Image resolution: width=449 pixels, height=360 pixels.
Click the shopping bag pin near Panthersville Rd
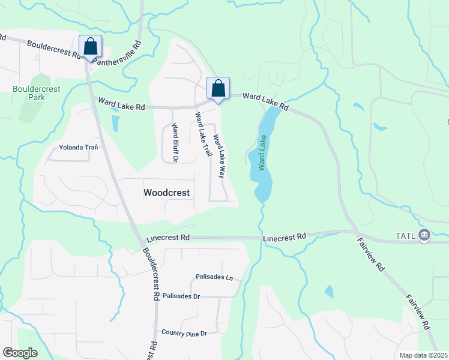[x=90, y=47]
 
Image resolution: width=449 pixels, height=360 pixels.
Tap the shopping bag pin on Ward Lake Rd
[x=218, y=88]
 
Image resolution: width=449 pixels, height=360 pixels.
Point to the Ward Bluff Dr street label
[x=175, y=143]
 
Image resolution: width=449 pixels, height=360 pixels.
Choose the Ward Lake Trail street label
[x=203, y=134]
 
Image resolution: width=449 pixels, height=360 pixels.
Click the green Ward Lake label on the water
[x=262, y=153]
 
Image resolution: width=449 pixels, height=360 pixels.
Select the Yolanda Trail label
[x=78, y=147]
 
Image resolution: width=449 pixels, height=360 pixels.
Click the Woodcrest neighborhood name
[x=167, y=193]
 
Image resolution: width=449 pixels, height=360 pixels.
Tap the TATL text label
[x=405, y=235]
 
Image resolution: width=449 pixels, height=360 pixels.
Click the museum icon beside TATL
[x=425, y=234]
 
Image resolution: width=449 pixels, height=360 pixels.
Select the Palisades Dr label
[x=181, y=296]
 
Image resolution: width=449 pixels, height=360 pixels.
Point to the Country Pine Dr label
[x=184, y=332]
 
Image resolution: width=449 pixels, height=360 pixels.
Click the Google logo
[x=20, y=353]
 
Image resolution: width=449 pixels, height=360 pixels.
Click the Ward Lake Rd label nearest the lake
[x=266, y=101]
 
